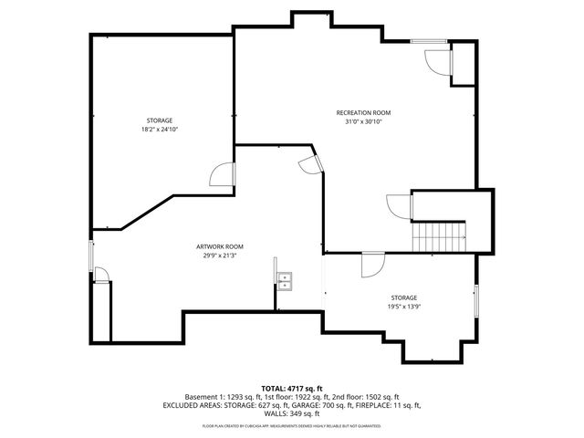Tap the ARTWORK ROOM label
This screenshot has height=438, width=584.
[x=219, y=246]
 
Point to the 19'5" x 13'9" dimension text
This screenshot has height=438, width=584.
[x=404, y=307]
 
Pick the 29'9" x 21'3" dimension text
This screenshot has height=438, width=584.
[x=219, y=255]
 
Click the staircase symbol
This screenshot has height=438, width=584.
[x=439, y=236]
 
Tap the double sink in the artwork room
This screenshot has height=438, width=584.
[x=285, y=280]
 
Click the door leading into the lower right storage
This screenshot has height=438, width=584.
[x=372, y=265]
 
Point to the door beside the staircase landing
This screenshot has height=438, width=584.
[x=399, y=205]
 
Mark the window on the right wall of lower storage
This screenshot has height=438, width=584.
[x=475, y=300]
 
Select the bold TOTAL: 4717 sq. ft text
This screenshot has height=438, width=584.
[x=291, y=389]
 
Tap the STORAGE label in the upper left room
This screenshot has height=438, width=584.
[x=160, y=120]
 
